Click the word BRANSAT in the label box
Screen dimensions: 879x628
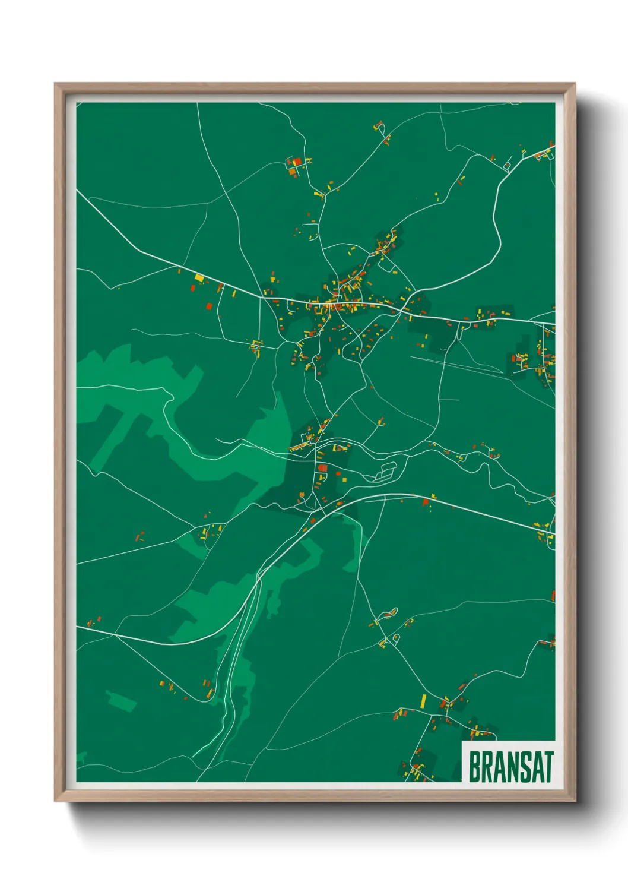point(511,767)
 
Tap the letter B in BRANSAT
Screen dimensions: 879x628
point(475,767)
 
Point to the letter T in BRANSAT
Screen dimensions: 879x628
point(548,767)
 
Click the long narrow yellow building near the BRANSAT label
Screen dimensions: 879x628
point(423,701)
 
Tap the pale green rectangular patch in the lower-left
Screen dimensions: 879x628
point(120,700)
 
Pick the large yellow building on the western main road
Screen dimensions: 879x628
point(199,277)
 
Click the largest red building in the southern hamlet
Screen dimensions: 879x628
point(323,468)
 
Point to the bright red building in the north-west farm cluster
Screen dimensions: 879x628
point(295,162)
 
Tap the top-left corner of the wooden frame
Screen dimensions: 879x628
point(56,84)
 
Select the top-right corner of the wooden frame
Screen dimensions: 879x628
point(574,84)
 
